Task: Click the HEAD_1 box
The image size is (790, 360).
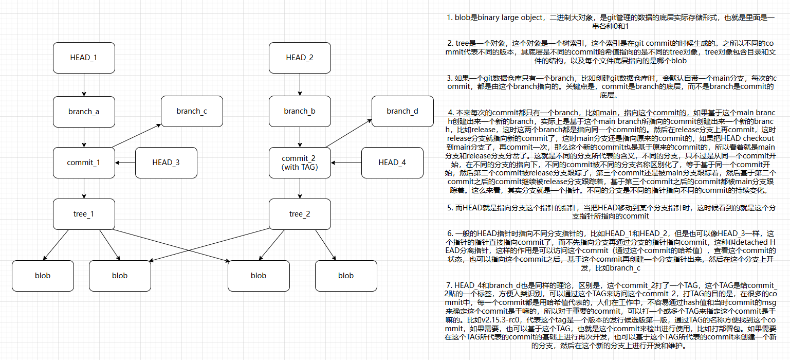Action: (84, 58)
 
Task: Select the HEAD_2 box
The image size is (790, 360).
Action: (300, 58)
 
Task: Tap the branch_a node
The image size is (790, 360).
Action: (84, 112)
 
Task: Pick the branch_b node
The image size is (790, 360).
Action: (300, 112)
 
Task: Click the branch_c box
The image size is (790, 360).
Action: (192, 111)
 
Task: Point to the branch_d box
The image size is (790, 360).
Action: (402, 111)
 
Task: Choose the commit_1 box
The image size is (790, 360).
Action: (84, 163)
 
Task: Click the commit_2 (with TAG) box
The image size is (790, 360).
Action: (300, 163)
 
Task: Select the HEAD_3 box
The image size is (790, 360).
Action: (166, 163)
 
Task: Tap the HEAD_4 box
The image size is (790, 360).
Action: (392, 163)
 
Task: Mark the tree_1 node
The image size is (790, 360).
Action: (84, 214)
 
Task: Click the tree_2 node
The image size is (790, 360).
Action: (300, 214)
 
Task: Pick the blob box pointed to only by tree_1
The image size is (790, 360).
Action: (43, 276)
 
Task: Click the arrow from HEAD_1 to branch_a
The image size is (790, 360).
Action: (84, 84)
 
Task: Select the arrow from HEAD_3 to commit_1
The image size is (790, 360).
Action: (125, 163)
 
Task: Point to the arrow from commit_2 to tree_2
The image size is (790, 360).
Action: (300, 188)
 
